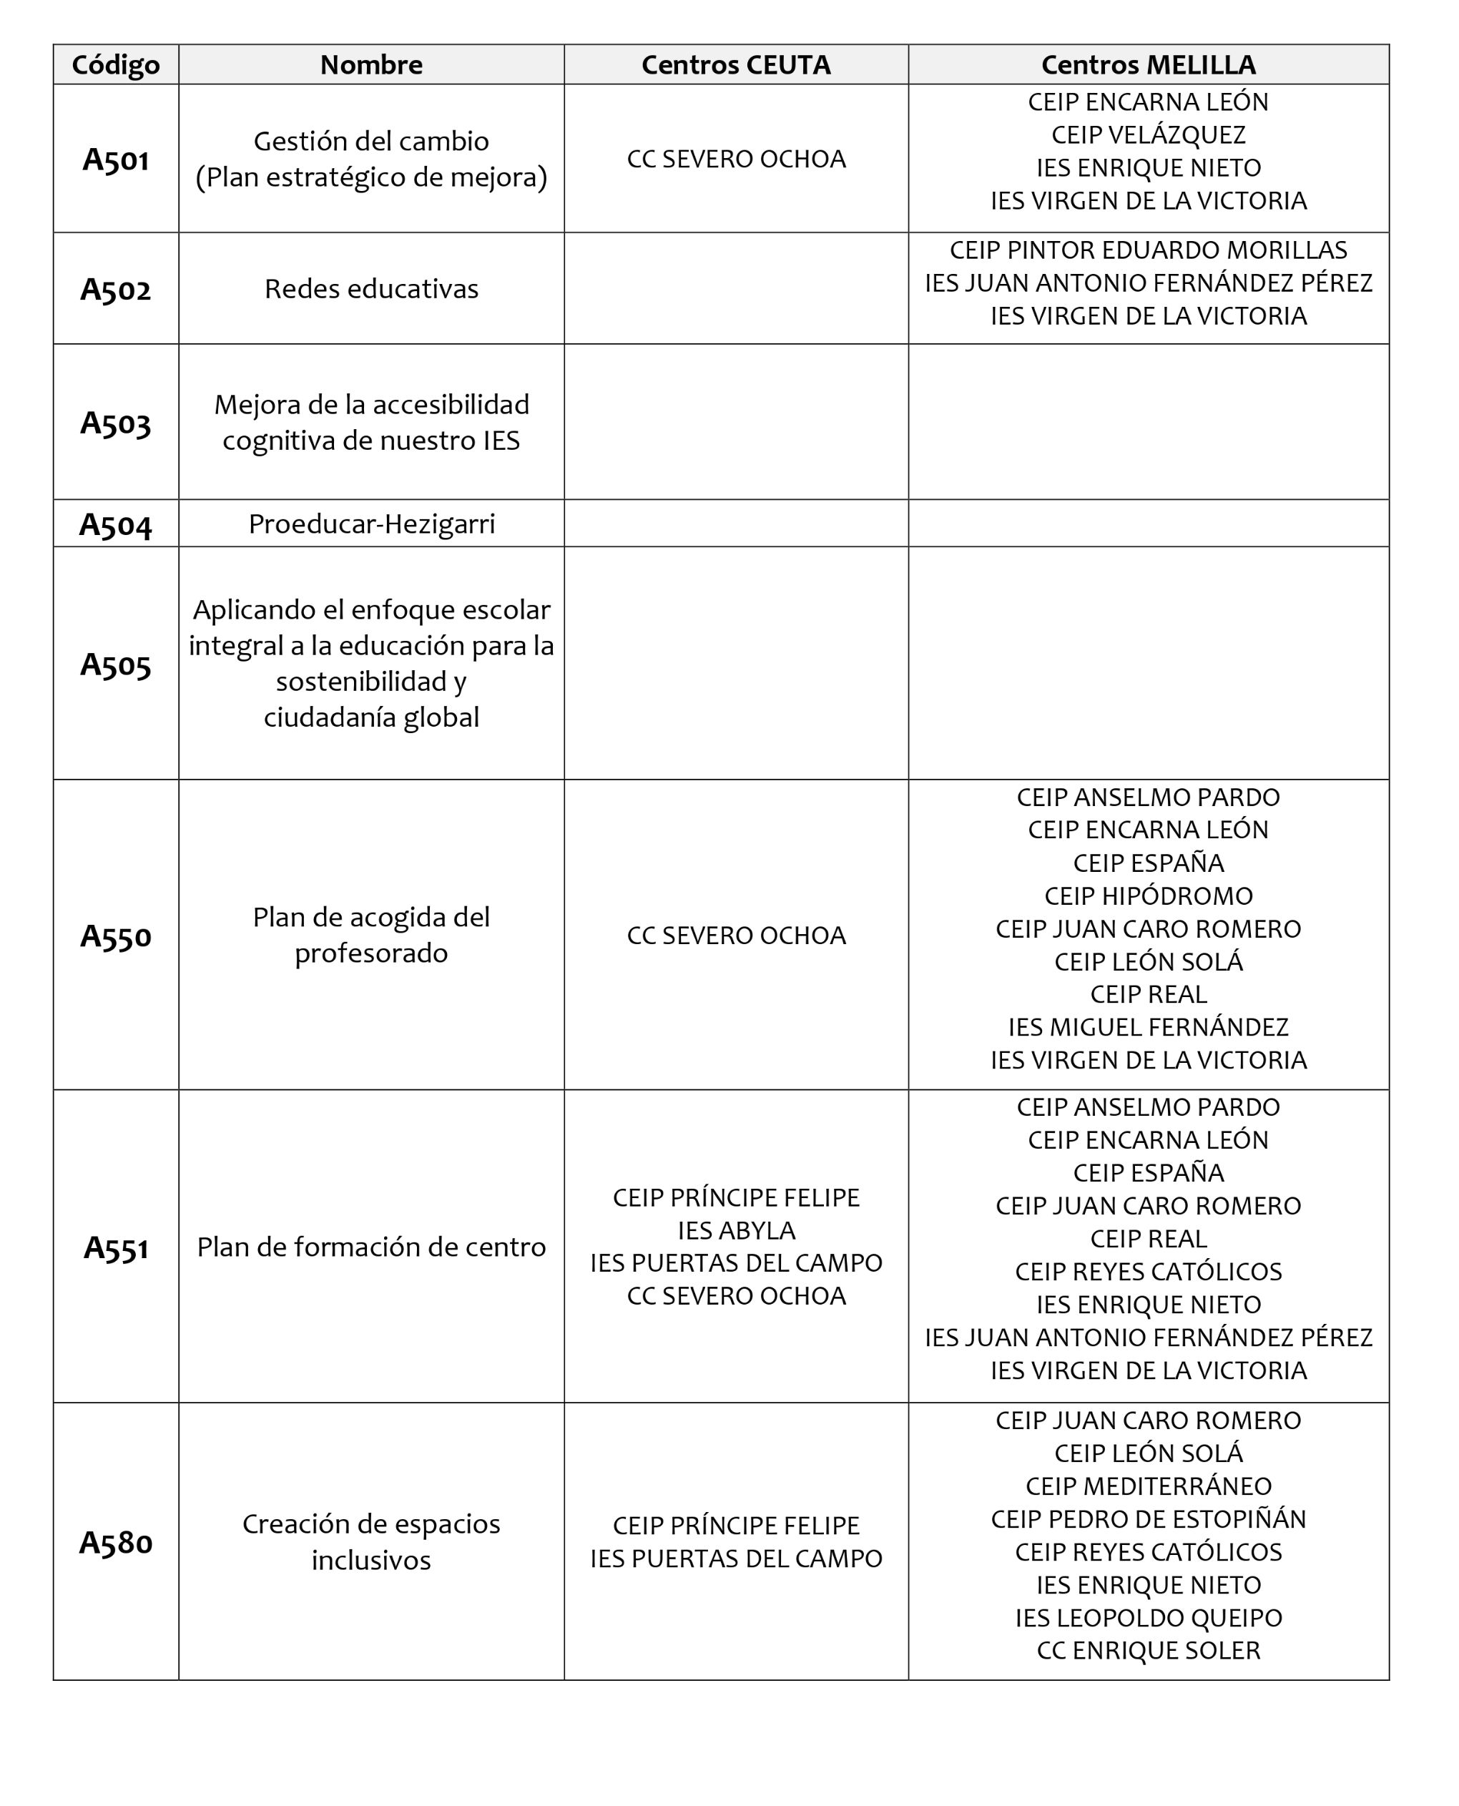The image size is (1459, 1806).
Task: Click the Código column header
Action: pyautogui.click(x=115, y=64)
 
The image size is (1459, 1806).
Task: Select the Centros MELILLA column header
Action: pyautogui.click(x=1148, y=64)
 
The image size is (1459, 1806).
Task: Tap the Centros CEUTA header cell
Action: pyautogui.click(x=735, y=64)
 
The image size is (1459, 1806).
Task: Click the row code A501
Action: pyautogui.click(x=115, y=159)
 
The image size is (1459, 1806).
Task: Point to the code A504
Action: pyautogui.click(x=115, y=524)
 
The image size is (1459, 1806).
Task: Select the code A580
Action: pyautogui.click(x=115, y=1542)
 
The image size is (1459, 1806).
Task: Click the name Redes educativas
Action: pyautogui.click(x=370, y=289)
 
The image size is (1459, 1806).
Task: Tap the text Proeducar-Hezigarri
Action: pyautogui.click(x=370, y=524)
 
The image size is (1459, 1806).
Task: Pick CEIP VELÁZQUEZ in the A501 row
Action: pyautogui.click(x=1148, y=134)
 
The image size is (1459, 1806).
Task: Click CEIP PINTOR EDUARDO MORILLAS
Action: pyautogui.click(x=1148, y=250)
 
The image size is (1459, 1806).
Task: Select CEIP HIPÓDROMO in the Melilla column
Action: pyautogui.click(x=1148, y=896)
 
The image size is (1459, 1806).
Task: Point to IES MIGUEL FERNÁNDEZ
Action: pyautogui.click(x=1148, y=1027)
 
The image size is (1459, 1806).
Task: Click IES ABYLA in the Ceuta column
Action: pyautogui.click(x=735, y=1230)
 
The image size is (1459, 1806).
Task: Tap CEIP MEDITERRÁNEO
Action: pyautogui.click(x=1148, y=1486)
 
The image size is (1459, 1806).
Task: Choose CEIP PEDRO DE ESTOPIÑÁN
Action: pyautogui.click(x=1148, y=1518)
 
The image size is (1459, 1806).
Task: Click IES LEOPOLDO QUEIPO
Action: pyautogui.click(x=1148, y=1618)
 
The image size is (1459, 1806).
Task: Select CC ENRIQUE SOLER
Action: pyautogui.click(x=1148, y=1651)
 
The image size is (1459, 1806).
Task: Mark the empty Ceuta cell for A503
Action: pyautogui.click(x=735, y=422)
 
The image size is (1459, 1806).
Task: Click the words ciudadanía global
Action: pyautogui.click(x=370, y=717)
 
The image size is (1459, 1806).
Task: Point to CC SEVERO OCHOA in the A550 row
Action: pyautogui.click(x=735, y=936)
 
